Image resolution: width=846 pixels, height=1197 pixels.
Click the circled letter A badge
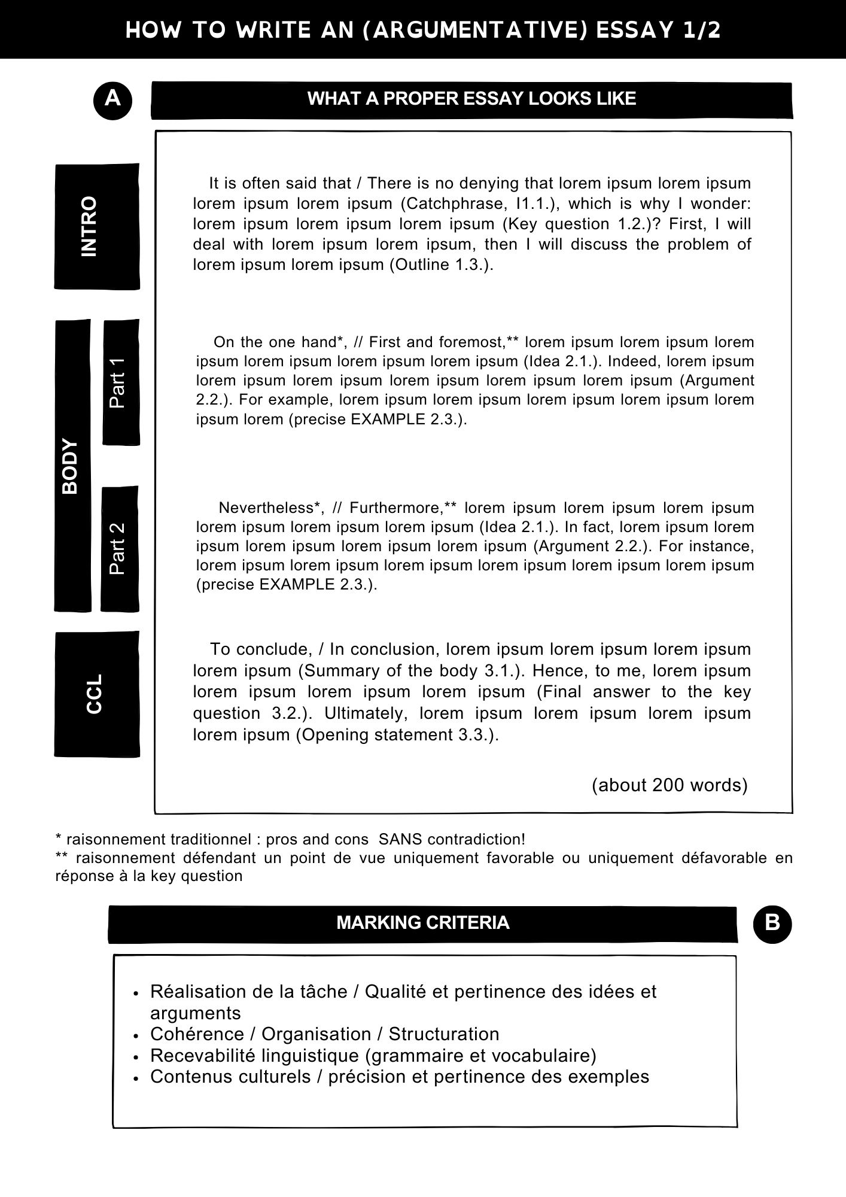(x=112, y=99)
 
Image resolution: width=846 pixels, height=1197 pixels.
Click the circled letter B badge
(x=772, y=923)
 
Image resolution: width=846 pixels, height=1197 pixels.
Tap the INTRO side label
(x=89, y=226)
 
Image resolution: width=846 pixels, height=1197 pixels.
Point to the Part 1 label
(x=118, y=383)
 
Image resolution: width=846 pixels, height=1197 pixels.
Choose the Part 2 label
(x=118, y=548)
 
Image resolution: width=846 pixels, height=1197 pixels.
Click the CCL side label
(x=95, y=694)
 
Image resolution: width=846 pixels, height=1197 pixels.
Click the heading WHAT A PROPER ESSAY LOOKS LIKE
(x=471, y=99)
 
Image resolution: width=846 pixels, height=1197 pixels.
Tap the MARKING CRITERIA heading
(x=422, y=923)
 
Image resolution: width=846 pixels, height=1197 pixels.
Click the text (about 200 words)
(x=670, y=785)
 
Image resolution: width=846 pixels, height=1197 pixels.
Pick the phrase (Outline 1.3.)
(x=441, y=265)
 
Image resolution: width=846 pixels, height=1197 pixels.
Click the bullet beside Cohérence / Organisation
(x=137, y=1035)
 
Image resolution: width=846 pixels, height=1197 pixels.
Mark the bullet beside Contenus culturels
(x=137, y=1078)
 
